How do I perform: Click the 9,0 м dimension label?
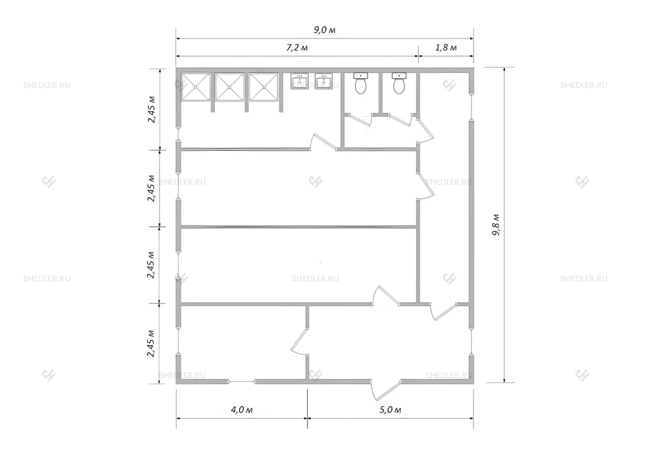point(324,29)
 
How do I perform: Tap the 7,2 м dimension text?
point(297,47)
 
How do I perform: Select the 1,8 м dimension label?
point(446,47)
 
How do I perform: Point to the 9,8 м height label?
point(496,225)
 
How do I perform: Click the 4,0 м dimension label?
point(241,409)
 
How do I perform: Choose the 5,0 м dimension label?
point(390,409)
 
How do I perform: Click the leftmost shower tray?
point(195,87)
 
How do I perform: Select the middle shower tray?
point(229,87)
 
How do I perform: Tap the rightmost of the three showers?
point(264,87)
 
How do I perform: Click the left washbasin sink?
point(299,81)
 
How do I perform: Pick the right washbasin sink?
point(323,81)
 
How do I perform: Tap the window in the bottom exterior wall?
point(241,382)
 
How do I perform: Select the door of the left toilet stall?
point(360,120)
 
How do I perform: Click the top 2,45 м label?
point(152,110)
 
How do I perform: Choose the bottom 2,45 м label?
point(151,344)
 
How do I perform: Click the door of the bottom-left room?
point(299,343)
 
